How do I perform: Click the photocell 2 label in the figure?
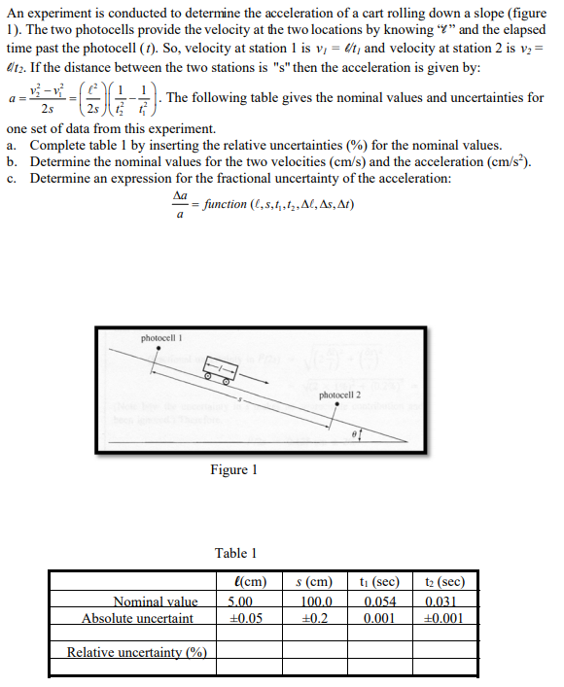(x=339, y=395)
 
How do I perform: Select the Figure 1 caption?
(x=233, y=470)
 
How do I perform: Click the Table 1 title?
(x=237, y=553)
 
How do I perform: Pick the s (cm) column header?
(x=314, y=583)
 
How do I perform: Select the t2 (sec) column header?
(x=445, y=583)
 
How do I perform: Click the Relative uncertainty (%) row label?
(x=136, y=651)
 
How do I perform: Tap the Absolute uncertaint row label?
(x=137, y=618)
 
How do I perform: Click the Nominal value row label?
(x=156, y=601)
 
